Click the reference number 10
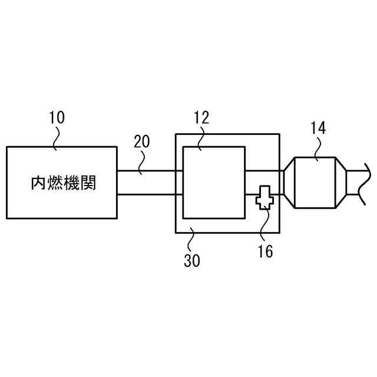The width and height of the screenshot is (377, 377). (57, 117)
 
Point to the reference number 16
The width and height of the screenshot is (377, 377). (265, 252)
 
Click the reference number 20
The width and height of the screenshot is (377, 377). (141, 141)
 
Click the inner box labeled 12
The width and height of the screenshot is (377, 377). (214, 183)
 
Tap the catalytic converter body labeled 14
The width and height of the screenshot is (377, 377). (315, 183)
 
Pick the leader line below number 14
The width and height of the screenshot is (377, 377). (317, 148)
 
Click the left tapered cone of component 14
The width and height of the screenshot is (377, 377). (289, 183)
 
